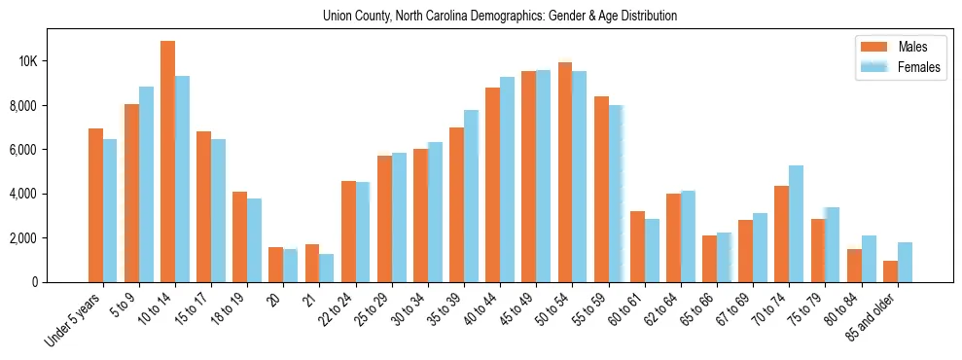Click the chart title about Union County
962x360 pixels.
[x=500, y=17]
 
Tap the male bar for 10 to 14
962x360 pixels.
[x=167, y=162]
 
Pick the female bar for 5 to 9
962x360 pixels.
[x=146, y=184]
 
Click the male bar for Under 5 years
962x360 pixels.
[x=95, y=205]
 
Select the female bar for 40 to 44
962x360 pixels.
[x=507, y=179]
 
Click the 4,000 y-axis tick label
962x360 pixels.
[x=51, y=194]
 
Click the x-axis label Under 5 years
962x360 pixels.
[x=75, y=322]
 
